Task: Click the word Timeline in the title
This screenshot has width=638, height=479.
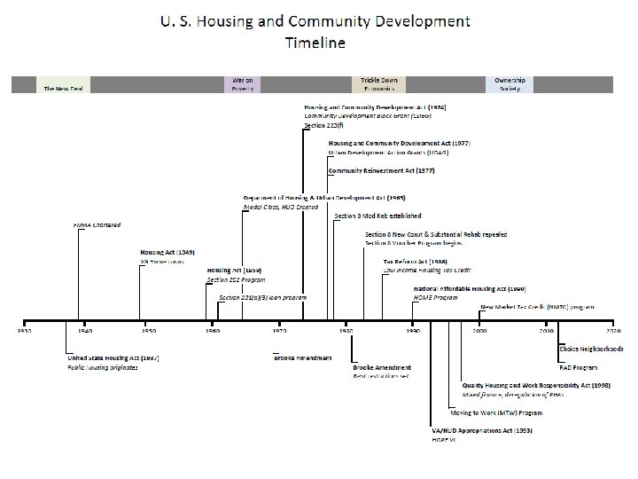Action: (315, 41)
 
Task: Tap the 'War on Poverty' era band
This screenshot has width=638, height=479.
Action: (243, 84)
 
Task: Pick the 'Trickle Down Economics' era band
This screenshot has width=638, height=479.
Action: (382, 84)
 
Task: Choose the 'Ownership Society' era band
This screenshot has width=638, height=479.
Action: (510, 84)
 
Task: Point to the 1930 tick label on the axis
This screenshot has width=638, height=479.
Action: (24, 330)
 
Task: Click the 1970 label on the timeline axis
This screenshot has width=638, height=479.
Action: (278, 330)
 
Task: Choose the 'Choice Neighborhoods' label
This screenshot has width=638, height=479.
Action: (591, 348)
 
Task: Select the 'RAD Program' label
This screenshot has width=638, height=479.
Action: (577, 365)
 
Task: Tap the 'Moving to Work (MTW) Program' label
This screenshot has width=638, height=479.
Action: (496, 412)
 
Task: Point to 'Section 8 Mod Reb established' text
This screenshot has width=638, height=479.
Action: (377, 216)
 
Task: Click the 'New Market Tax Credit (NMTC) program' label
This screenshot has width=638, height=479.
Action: (537, 307)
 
